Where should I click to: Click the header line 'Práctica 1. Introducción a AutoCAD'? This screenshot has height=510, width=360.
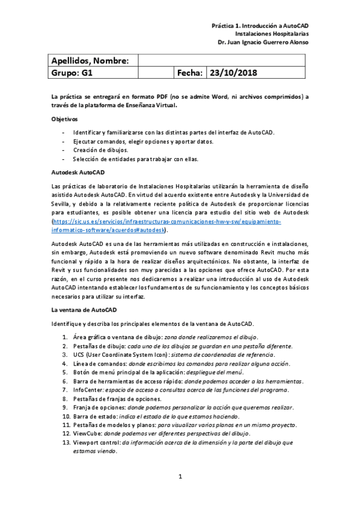click(x=260, y=27)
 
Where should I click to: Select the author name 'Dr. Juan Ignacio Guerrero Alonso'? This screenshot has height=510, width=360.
click(x=263, y=43)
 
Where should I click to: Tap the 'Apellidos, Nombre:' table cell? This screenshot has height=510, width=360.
click(x=90, y=61)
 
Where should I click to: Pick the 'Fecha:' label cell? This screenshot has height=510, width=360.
click(x=189, y=73)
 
